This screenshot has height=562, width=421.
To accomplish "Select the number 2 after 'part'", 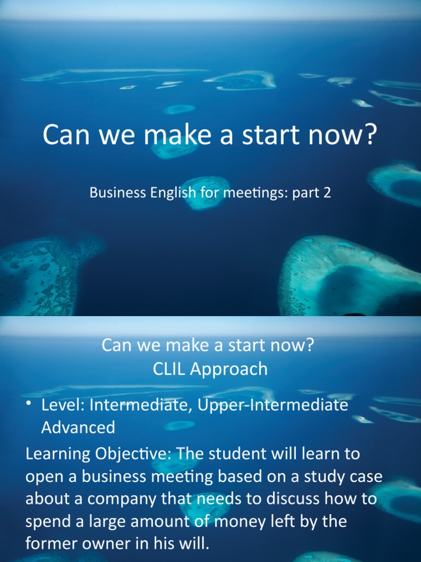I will coord(327,193).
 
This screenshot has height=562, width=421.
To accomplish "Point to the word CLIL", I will coord(170,369).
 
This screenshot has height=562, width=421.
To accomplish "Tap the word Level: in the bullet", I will coord(63,406).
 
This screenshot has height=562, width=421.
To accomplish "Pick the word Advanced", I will coord(78,427).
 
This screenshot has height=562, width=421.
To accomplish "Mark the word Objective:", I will coord(129,455).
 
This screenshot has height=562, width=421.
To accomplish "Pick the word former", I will coord(50,543).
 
